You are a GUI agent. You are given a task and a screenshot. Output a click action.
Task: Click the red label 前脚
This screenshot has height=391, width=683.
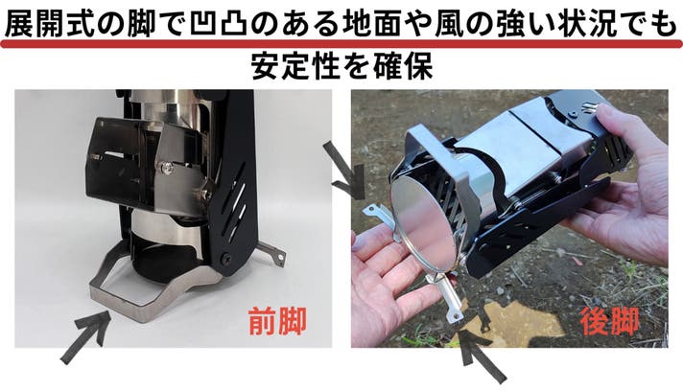[277, 321]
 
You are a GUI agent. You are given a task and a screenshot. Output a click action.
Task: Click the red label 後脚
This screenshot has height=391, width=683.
[609, 321]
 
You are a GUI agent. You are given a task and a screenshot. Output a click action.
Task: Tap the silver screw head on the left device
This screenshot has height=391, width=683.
[166, 166]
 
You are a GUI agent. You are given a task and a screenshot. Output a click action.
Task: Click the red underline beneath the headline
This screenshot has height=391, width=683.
[341, 44]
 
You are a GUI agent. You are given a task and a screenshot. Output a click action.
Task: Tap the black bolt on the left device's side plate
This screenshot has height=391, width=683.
[225, 258]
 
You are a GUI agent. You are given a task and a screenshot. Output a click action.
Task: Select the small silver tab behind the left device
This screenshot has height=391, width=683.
[271, 254]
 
